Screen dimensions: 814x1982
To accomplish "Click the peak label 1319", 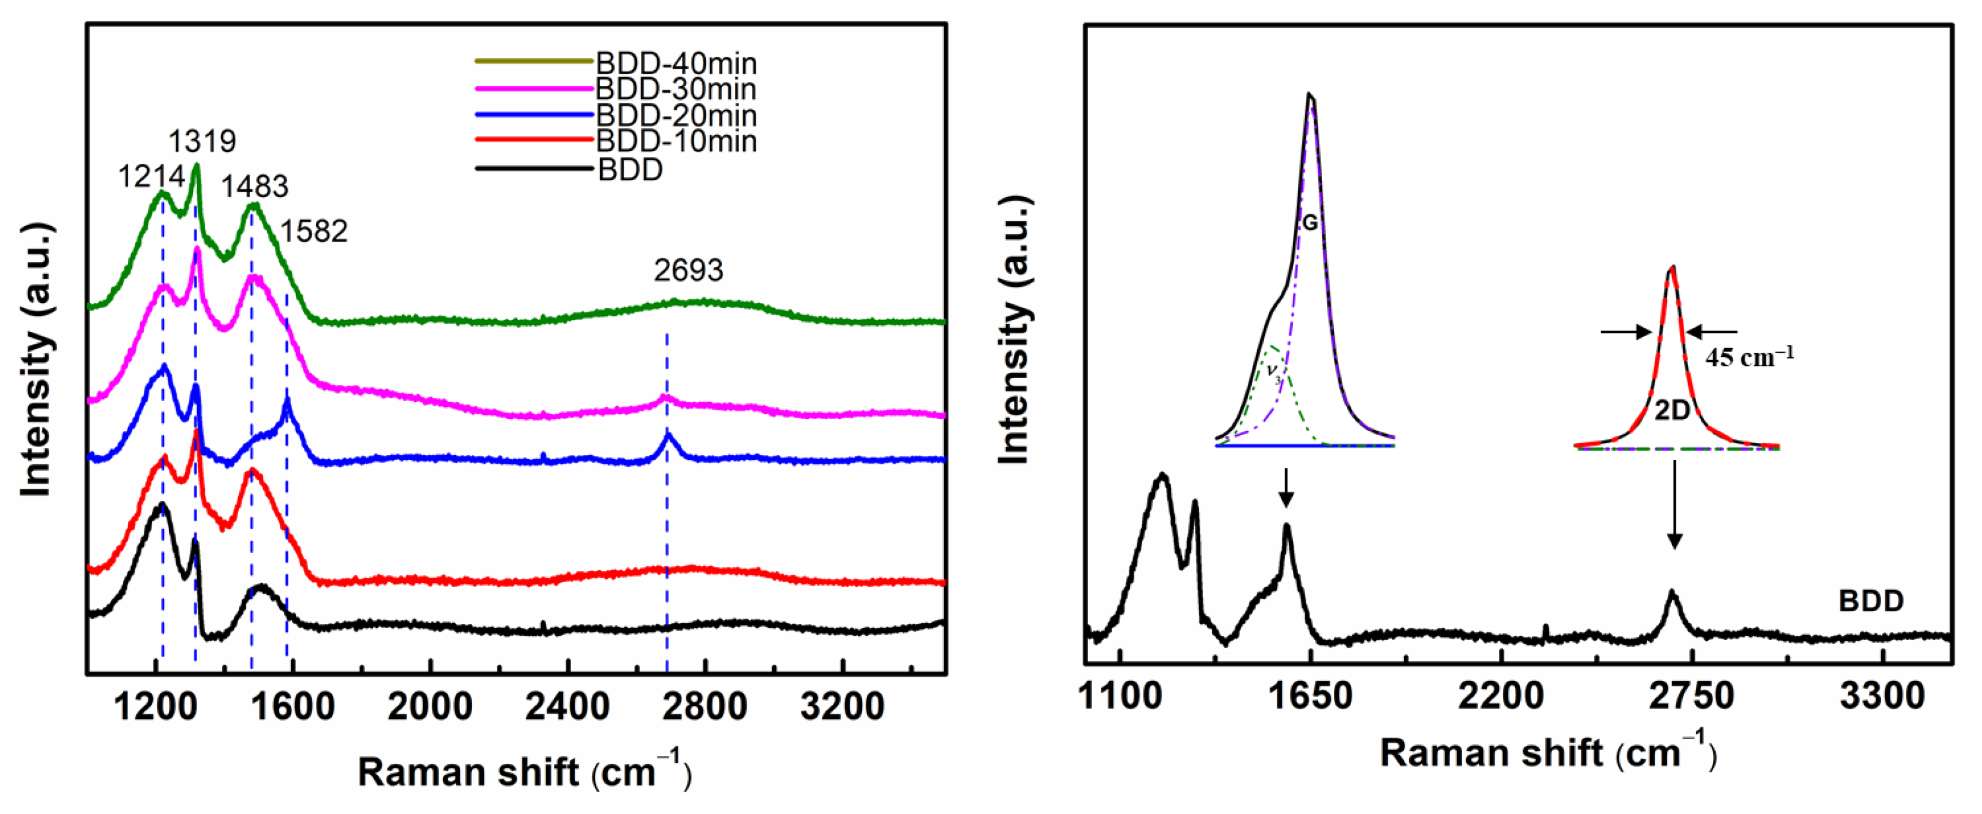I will (x=202, y=141).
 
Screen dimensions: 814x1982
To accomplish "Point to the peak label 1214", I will (x=151, y=177).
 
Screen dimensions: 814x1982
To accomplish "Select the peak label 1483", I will (x=254, y=187).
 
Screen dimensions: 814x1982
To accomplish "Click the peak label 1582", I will (x=313, y=232).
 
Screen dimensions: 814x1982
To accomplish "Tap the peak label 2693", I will (x=688, y=271).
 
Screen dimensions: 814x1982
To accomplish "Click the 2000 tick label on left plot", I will (x=430, y=707).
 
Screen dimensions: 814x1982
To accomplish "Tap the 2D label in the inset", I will (x=1672, y=411).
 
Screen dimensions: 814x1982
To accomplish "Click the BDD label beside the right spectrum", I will (x=1870, y=601).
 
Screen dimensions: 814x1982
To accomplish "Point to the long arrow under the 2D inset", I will (x=1675, y=505).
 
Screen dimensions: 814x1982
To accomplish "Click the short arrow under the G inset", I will (x=1285, y=488).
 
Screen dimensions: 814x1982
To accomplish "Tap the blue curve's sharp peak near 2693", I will (x=668, y=437).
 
